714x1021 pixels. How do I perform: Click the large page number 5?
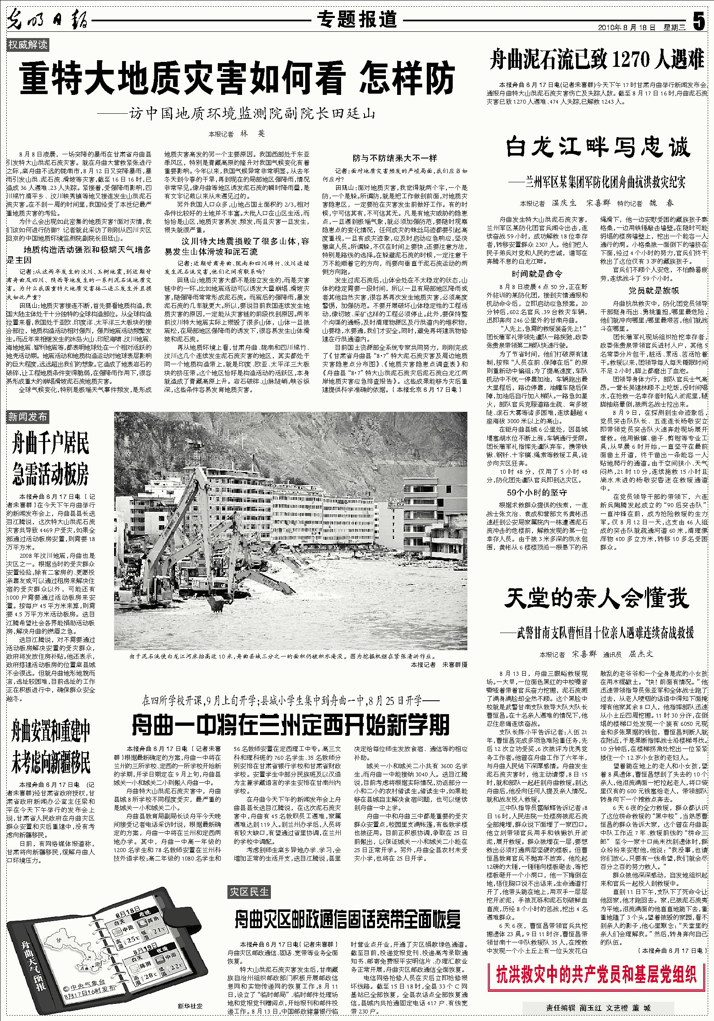[699, 21]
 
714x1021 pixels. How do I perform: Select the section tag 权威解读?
[28, 44]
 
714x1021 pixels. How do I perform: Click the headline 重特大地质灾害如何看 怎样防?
[237, 79]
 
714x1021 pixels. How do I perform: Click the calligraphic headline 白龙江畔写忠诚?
[597, 147]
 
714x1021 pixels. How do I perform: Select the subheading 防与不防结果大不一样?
[395, 158]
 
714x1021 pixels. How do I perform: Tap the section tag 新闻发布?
[28, 417]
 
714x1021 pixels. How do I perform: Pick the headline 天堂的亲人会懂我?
[597, 598]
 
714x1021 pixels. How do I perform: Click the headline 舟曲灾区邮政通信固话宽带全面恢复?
[347, 919]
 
